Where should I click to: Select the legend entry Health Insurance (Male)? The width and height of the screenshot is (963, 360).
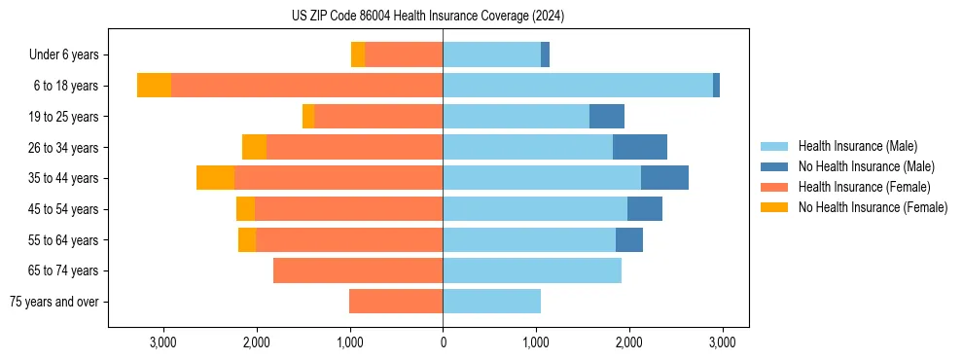click(x=857, y=146)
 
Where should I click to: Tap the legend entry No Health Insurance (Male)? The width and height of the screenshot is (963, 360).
click(x=866, y=166)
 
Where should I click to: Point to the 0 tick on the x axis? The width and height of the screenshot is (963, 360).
click(x=443, y=342)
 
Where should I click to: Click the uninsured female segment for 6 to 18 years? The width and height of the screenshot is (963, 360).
click(x=154, y=86)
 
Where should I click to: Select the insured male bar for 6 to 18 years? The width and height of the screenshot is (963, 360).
click(x=578, y=86)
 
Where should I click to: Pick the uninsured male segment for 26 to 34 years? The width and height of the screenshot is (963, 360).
click(x=640, y=147)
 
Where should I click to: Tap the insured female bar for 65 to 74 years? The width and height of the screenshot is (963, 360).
click(x=358, y=270)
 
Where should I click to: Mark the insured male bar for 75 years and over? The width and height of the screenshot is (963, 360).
click(x=491, y=302)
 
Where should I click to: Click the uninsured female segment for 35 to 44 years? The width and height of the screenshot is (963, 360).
click(x=215, y=178)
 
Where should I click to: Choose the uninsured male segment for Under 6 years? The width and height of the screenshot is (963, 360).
click(x=545, y=55)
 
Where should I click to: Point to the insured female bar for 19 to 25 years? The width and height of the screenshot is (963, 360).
click(x=378, y=117)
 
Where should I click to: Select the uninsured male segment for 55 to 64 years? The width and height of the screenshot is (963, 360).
click(x=629, y=239)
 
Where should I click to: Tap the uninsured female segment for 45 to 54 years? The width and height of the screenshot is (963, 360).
click(x=245, y=209)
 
